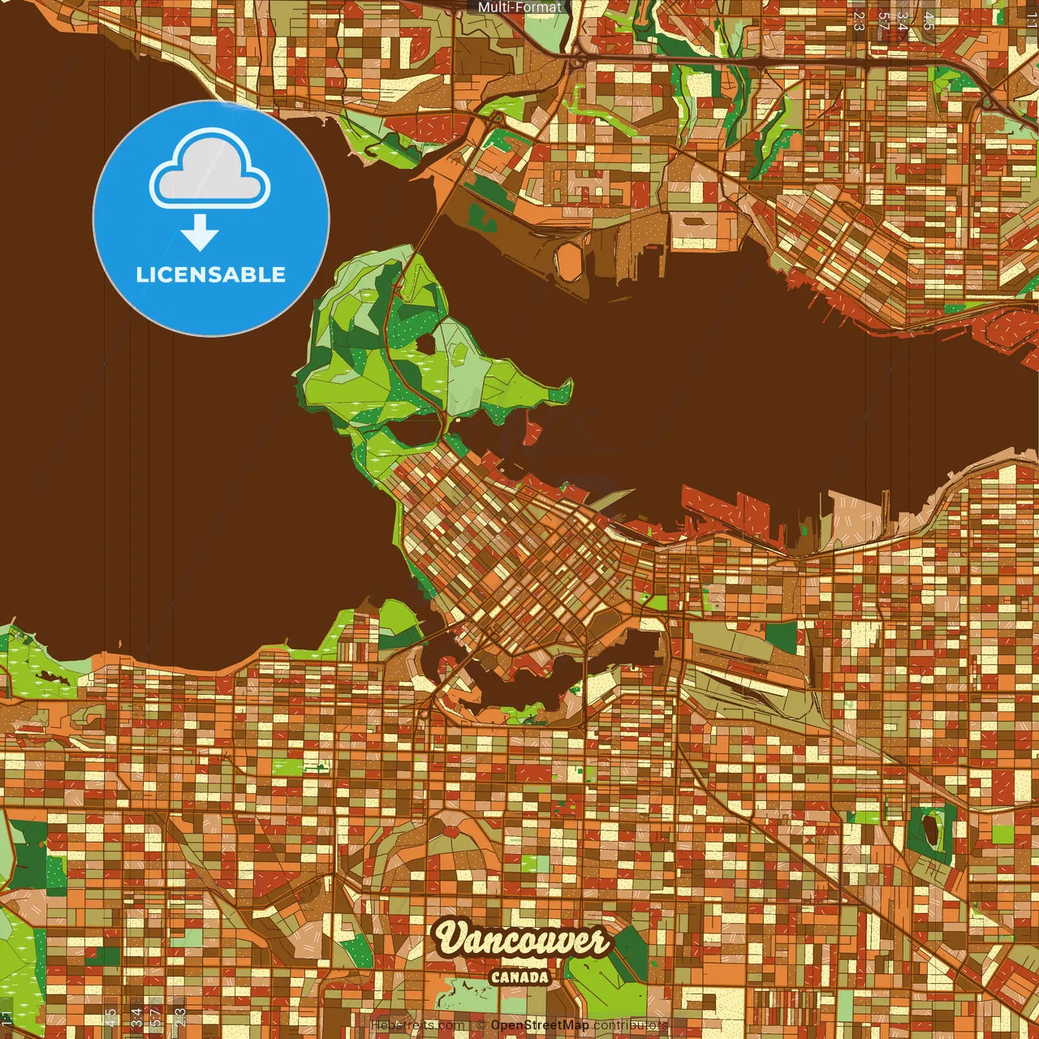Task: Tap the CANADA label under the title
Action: (519, 977)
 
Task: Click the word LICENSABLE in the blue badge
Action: (211, 274)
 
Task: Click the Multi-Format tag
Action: (519, 7)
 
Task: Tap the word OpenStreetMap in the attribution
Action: (540, 1025)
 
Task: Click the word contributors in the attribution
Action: (630, 1025)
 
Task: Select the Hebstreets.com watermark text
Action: (417, 1025)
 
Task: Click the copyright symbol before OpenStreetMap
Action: (481, 1025)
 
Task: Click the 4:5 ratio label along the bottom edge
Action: (110, 1016)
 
